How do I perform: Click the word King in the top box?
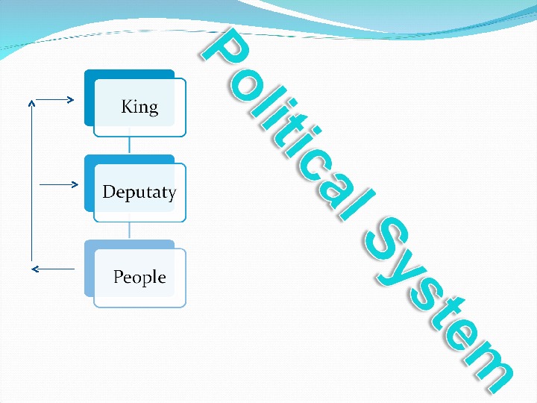pyautogui.click(x=139, y=107)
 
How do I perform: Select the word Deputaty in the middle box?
pyautogui.click(x=139, y=193)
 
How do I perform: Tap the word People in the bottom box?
pyautogui.click(x=139, y=278)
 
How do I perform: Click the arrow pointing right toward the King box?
pyautogui.click(x=55, y=99)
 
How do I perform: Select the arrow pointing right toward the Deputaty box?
pyautogui.click(x=58, y=184)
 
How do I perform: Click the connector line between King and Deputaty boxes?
pyautogui.click(x=130, y=145)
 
